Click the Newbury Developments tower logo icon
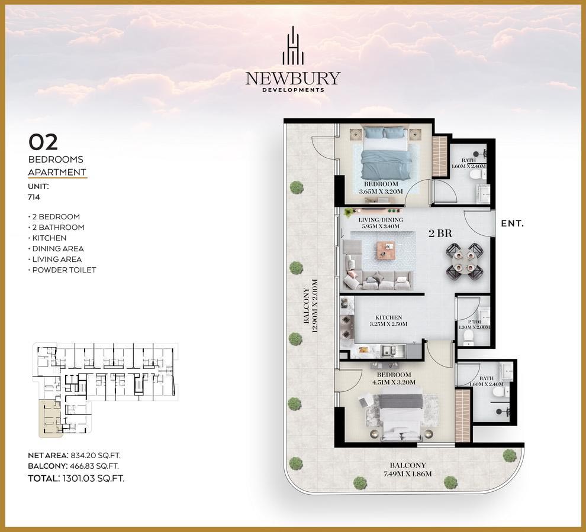(x=293, y=46)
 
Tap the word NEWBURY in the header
(x=293, y=79)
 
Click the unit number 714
(x=34, y=197)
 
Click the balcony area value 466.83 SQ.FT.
(x=94, y=466)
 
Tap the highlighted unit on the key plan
(x=50, y=418)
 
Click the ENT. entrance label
(x=513, y=223)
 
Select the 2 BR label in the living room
(x=440, y=233)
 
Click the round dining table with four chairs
(x=465, y=261)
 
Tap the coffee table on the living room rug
(x=386, y=250)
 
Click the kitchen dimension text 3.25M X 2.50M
(x=389, y=324)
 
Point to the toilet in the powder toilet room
(x=468, y=338)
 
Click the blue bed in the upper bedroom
(x=385, y=153)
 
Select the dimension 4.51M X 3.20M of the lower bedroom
(x=394, y=382)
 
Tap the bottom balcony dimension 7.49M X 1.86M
(x=408, y=474)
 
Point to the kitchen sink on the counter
(x=393, y=351)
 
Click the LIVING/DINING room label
(x=381, y=220)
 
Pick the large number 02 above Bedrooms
(x=43, y=142)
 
